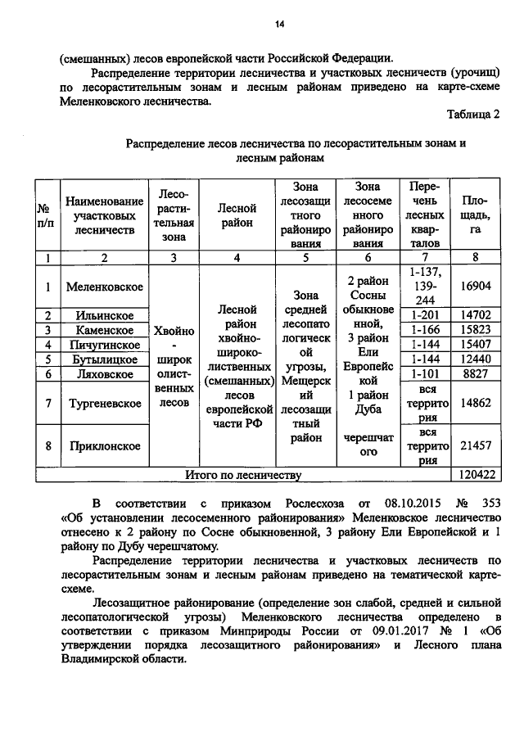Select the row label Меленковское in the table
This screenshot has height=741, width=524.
105,287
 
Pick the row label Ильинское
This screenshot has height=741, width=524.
105,315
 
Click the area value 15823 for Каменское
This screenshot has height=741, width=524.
477,330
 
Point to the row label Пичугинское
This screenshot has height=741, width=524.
105,345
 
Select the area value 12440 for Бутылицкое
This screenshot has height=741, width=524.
477,359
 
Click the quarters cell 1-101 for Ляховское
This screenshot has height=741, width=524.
426,374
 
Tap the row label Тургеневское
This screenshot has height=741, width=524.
105,404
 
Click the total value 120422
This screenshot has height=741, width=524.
477,474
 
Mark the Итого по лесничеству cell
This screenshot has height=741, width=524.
243,474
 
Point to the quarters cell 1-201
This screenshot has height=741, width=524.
426,315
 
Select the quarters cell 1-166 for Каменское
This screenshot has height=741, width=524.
426,330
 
